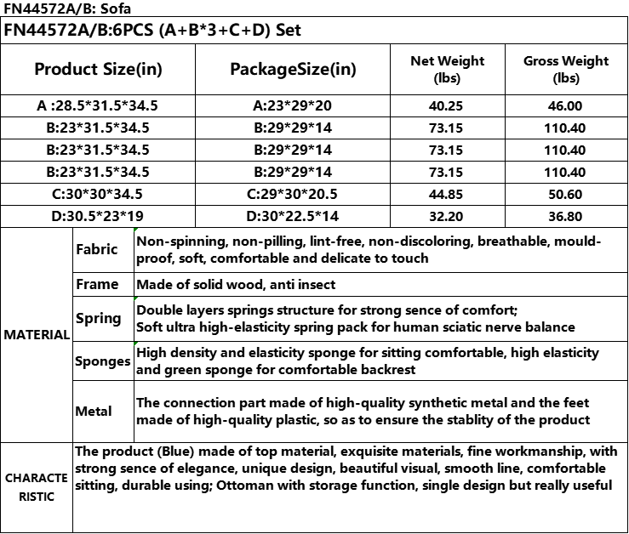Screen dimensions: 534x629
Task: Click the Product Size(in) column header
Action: click(x=98, y=69)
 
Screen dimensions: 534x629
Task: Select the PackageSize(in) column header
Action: click(x=293, y=69)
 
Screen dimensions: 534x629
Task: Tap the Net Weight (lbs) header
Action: click(x=447, y=69)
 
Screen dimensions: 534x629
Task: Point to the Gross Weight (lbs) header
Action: click(x=566, y=69)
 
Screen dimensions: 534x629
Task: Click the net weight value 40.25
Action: click(x=447, y=106)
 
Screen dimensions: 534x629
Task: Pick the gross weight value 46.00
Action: click(x=566, y=106)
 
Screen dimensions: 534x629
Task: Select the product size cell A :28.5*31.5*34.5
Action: click(x=98, y=106)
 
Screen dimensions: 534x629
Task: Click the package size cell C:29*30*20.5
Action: click(x=293, y=194)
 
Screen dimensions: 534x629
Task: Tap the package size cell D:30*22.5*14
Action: click(x=293, y=216)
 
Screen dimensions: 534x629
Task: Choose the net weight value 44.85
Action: click(x=447, y=194)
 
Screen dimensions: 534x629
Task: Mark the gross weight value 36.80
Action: click(x=566, y=216)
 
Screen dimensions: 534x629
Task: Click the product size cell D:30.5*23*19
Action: click(x=98, y=216)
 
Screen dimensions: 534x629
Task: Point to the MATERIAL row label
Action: click(x=37, y=335)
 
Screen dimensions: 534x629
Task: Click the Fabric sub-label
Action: click(x=96, y=250)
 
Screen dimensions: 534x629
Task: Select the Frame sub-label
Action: click(x=96, y=285)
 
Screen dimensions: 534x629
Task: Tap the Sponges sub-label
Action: click(x=102, y=361)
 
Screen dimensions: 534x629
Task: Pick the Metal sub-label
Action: click(x=94, y=412)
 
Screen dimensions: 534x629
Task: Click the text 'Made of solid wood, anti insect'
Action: click(x=236, y=285)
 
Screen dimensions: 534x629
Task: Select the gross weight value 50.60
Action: click(x=566, y=194)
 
